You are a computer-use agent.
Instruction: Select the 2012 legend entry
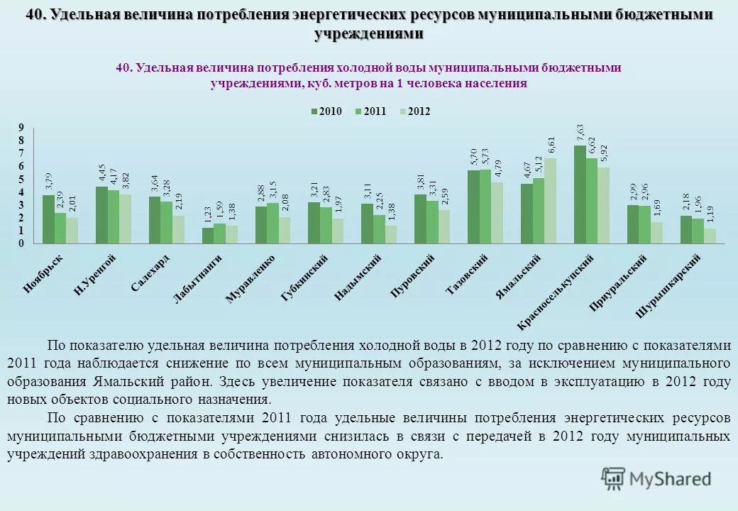click(414, 111)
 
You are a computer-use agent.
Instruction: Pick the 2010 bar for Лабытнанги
click(207, 236)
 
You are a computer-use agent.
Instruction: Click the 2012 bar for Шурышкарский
click(710, 236)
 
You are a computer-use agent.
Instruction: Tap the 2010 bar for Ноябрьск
click(48, 219)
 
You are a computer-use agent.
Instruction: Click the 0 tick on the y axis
click(21, 243)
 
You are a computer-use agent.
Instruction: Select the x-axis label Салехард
click(150, 274)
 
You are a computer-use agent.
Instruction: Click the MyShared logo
click(656, 480)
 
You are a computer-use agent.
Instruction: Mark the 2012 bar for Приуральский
click(656, 233)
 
